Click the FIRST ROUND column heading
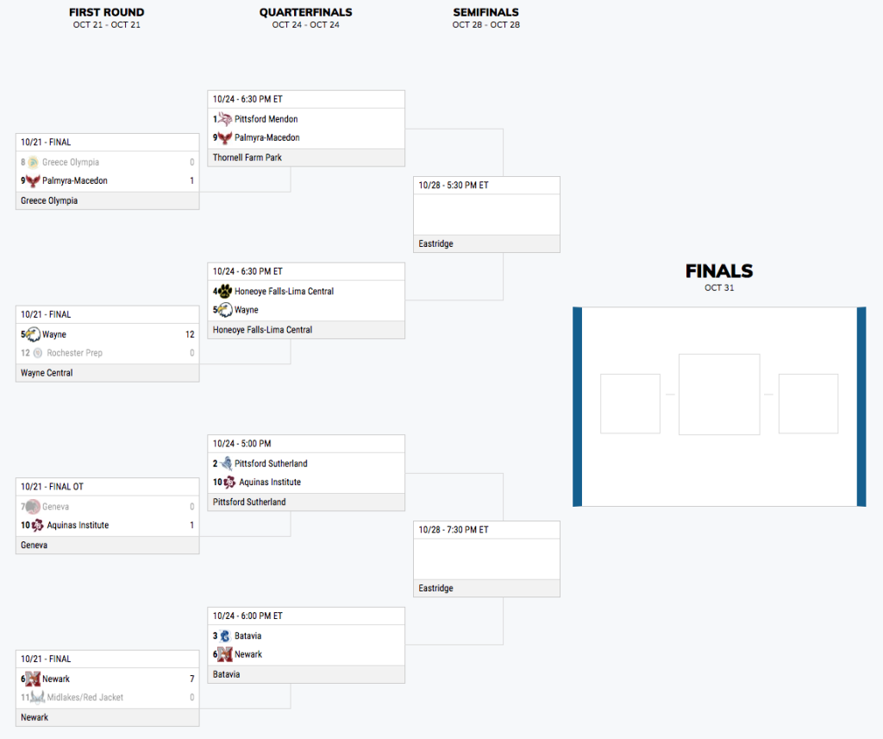coord(107,12)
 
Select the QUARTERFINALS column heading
coord(305,12)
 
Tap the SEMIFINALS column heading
coord(485,12)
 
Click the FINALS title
coord(719,271)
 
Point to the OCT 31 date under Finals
coord(719,287)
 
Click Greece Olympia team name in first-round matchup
coord(71,162)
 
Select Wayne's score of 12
coord(190,334)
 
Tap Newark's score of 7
coord(191,679)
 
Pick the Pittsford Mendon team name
coord(266,119)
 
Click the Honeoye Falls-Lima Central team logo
coord(224,291)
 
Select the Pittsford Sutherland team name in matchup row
coord(271,464)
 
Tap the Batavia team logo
coord(225,635)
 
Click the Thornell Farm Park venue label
coord(247,157)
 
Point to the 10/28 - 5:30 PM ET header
coord(454,186)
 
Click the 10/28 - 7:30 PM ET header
coord(454,530)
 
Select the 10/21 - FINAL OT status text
coord(52,487)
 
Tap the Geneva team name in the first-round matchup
coord(55,507)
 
